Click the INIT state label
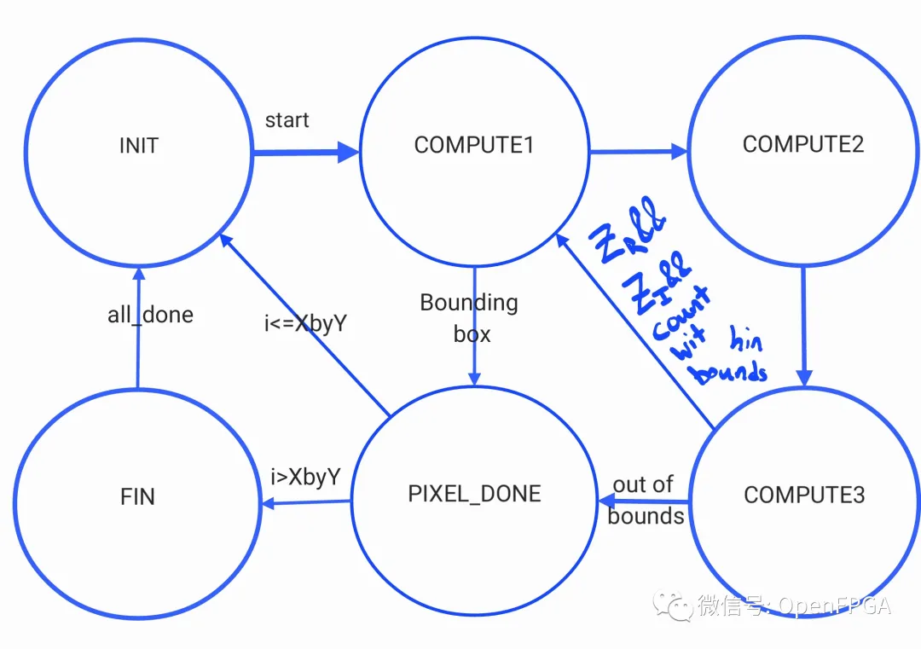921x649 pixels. click(139, 146)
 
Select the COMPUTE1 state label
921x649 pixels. click(474, 146)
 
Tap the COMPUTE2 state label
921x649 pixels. click(803, 144)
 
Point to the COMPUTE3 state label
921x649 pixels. click(804, 495)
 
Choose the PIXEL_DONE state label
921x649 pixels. click(474, 494)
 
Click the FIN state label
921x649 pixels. click(138, 497)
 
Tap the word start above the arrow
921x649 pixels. click(287, 120)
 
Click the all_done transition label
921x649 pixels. click(150, 315)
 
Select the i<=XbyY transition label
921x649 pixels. click(304, 324)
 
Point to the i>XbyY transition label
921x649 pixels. click(305, 478)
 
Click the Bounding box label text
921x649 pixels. click(470, 318)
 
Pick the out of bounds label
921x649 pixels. click(645, 501)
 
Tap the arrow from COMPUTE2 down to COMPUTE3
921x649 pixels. click(803, 324)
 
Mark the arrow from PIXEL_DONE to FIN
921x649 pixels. click(307, 503)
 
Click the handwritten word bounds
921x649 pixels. click(730, 372)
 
